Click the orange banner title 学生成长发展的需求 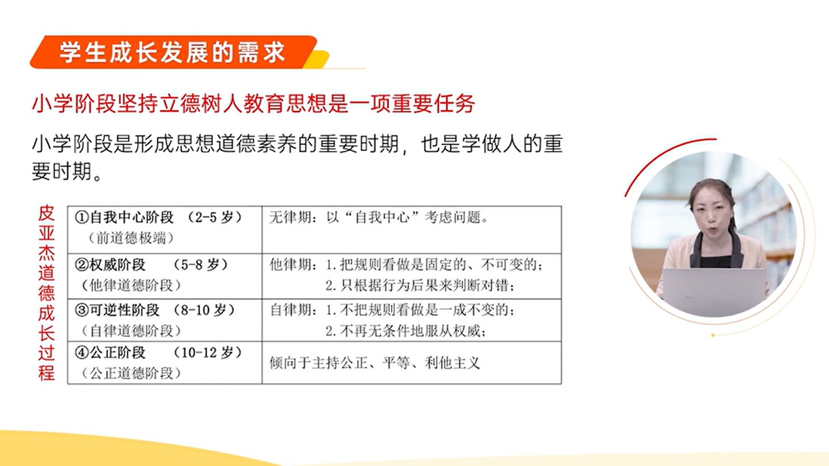[x=172, y=52]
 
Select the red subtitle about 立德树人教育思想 [x=254, y=103]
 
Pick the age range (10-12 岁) [x=207, y=352]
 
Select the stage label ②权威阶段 [x=110, y=264]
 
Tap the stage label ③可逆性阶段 [x=117, y=310]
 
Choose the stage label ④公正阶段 [x=110, y=352]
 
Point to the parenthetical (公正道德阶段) [x=131, y=373]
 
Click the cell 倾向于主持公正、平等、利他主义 [x=374, y=363]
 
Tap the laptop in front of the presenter [x=713, y=291]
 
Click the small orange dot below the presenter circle [x=713, y=335]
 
